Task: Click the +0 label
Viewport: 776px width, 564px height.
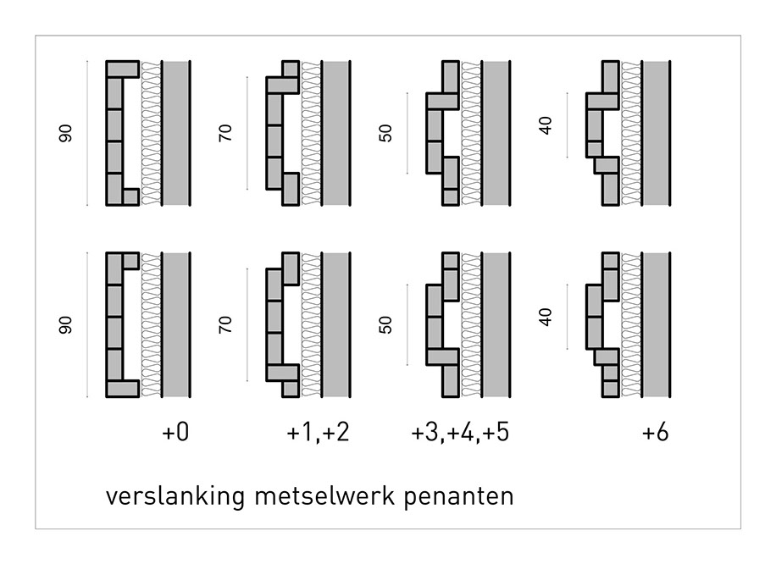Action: click(175, 434)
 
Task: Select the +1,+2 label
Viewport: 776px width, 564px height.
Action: click(318, 434)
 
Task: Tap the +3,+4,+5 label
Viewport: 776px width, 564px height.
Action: click(460, 434)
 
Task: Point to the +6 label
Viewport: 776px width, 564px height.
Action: click(655, 434)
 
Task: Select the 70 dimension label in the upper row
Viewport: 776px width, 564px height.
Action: click(225, 133)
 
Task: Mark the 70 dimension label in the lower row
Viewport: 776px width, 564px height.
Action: click(225, 325)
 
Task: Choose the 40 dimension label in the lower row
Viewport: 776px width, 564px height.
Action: click(546, 318)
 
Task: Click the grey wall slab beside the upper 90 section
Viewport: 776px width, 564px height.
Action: click(175, 133)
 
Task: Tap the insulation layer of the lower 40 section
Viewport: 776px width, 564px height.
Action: click(631, 325)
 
